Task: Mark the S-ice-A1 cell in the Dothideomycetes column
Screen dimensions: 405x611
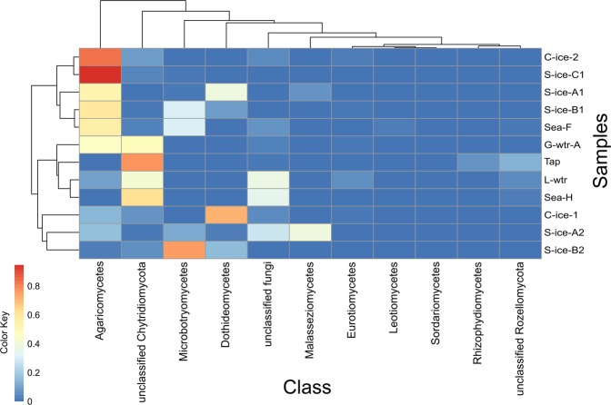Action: [x=227, y=93]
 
